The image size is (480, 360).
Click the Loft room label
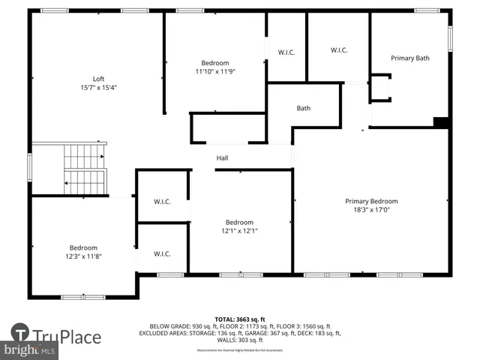tap(98, 79)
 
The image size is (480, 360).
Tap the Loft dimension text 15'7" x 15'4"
tap(98, 87)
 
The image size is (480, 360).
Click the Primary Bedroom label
tap(371, 201)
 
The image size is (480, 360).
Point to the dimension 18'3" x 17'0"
tap(371, 210)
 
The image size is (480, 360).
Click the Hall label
tap(223, 158)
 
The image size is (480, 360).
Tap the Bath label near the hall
tap(303, 108)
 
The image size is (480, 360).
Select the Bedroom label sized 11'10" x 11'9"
tap(215, 63)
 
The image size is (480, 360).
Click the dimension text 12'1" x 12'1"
tap(240, 231)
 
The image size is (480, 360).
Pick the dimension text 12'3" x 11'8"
tap(83, 256)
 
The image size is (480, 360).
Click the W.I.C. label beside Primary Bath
tap(339, 50)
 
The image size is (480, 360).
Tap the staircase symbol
tap(84, 169)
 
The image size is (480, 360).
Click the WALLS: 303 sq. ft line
tap(240, 339)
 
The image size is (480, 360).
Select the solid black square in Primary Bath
tap(442, 122)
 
